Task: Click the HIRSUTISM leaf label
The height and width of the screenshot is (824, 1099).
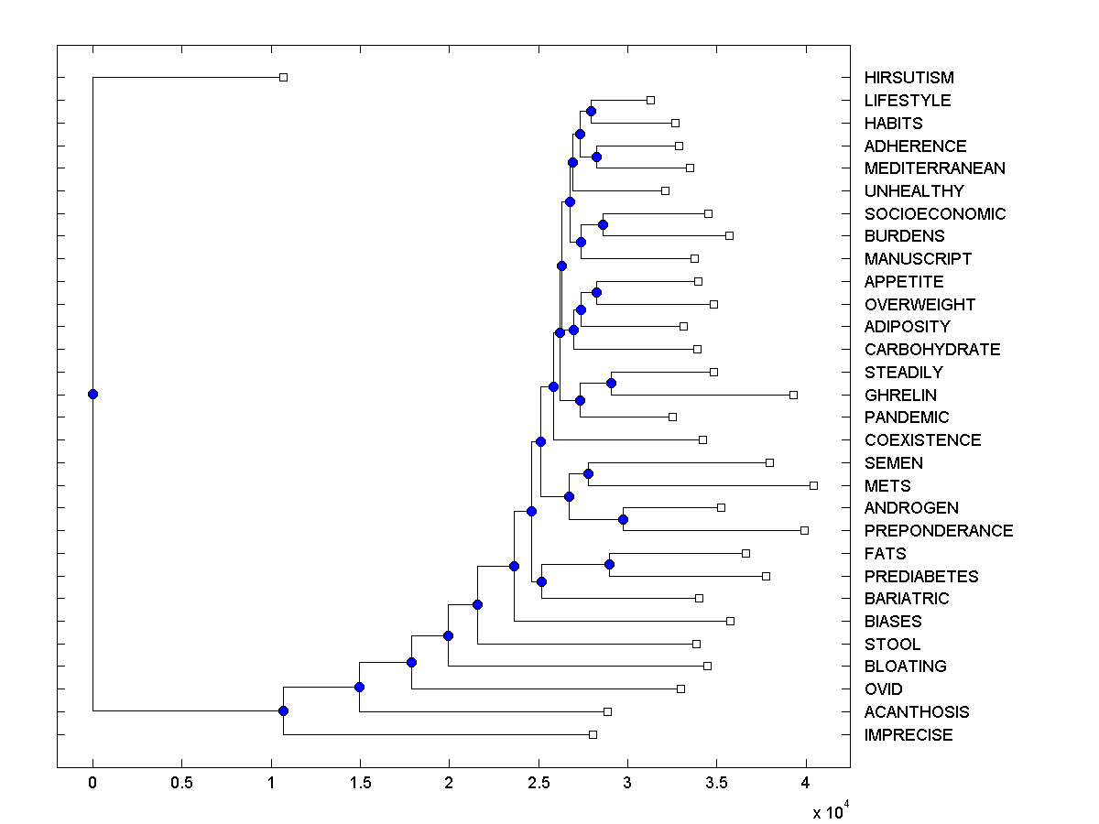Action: pyautogui.click(x=909, y=78)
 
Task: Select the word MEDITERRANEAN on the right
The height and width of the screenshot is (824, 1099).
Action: pyautogui.click(x=934, y=168)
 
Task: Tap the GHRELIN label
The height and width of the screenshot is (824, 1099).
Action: pyautogui.click(x=900, y=395)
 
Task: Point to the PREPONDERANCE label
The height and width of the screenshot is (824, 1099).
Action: pyautogui.click(x=938, y=531)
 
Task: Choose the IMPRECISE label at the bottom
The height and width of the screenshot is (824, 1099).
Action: pyautogui.click(x=908, y=735)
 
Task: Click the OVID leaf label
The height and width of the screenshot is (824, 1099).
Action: pyautogui.click(x=883, y=689)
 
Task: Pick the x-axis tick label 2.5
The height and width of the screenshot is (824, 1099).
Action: pyautogui.click(x=538, y=783)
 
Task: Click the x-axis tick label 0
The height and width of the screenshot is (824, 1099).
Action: pyautogui.click(x=92, y=783)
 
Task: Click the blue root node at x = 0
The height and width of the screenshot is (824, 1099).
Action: pyautogui.click(x=92, y=395)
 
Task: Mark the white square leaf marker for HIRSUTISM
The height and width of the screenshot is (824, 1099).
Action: pyautogui.click(x=283, y=78)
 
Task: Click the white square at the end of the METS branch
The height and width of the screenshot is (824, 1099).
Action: pyautogui.click(x=813, y=485)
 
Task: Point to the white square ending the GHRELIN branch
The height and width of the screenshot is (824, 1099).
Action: pyautogui.click(x=793, y=395)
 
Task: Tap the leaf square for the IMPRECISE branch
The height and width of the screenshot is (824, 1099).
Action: pyautogui.click(x=593, y=734)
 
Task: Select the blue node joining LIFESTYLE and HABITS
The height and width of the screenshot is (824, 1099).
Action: pyautogui.click(x=592, y=112)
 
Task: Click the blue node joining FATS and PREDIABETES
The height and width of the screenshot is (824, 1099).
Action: pyautogui.click(x=609, y=564)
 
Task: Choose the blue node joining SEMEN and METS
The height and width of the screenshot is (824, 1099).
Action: pyautogui.click(x=588, y=473)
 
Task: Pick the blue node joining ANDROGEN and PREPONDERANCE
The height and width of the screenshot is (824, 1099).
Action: pyautogui.click(x=624, y=519)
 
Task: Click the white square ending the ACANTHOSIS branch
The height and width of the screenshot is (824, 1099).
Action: pyautogui.click(x=607, y=711)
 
